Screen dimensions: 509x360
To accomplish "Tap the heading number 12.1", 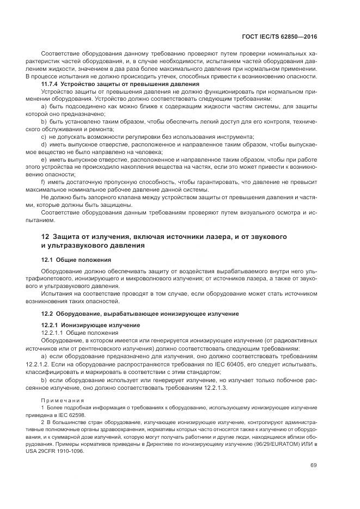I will point(47,260).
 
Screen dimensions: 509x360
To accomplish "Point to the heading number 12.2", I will point(47,314).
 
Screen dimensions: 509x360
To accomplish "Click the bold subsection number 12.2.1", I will point(51,325).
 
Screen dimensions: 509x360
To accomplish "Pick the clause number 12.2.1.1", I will point(52,333).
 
